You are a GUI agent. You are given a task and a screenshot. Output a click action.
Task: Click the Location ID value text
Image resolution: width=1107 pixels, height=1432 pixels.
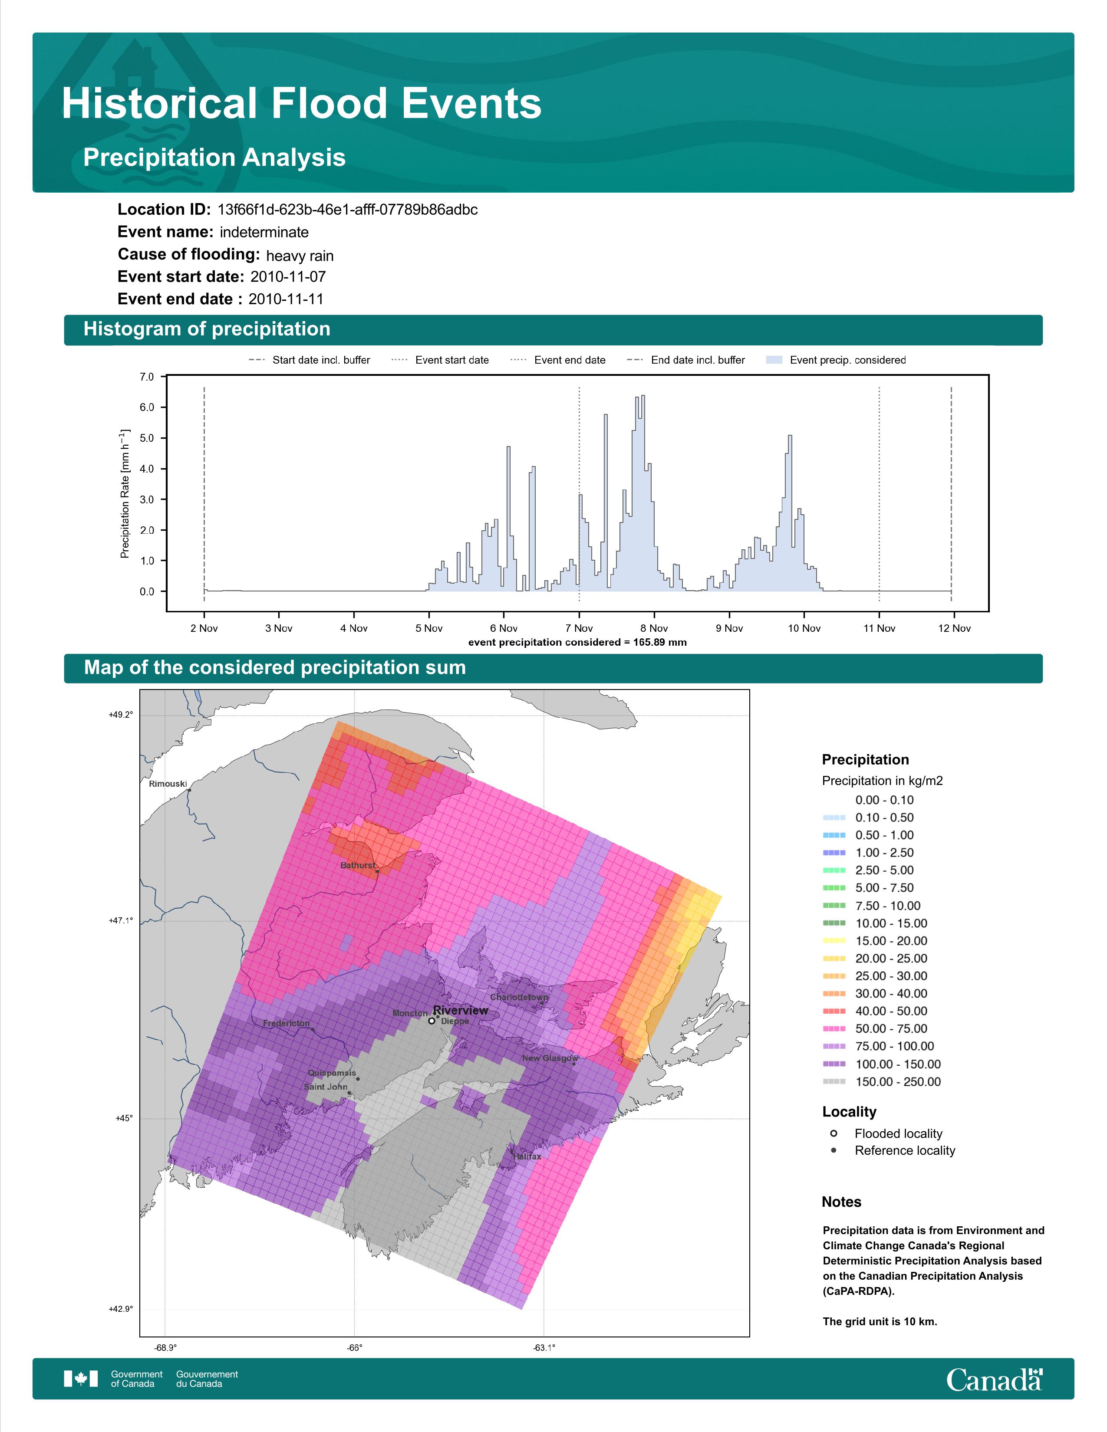348,210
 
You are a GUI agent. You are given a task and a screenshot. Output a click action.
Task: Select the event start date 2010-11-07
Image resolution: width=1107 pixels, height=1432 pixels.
288,277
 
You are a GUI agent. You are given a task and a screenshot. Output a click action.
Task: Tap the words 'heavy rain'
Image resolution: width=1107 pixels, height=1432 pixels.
300,256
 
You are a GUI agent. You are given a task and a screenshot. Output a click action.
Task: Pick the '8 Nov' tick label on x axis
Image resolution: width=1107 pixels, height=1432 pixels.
654,628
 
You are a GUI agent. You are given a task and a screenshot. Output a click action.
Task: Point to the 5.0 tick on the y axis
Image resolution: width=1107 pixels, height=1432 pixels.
147,438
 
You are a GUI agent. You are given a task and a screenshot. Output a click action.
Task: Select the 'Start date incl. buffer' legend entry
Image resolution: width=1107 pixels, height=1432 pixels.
310,360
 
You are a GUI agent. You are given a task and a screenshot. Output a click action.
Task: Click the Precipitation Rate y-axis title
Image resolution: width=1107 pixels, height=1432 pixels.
125,494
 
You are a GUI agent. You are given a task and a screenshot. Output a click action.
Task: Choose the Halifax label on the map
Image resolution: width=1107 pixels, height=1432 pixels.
527,1156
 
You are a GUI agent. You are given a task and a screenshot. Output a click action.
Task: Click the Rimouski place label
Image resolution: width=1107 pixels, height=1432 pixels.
168,784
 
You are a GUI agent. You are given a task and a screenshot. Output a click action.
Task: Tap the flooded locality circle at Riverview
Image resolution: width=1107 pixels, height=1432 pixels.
432,1021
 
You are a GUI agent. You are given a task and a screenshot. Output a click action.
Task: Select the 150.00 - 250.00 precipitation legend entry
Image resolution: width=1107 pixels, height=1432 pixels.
882,1082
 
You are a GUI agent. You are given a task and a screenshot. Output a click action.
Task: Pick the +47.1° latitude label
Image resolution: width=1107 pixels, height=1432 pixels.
121,920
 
